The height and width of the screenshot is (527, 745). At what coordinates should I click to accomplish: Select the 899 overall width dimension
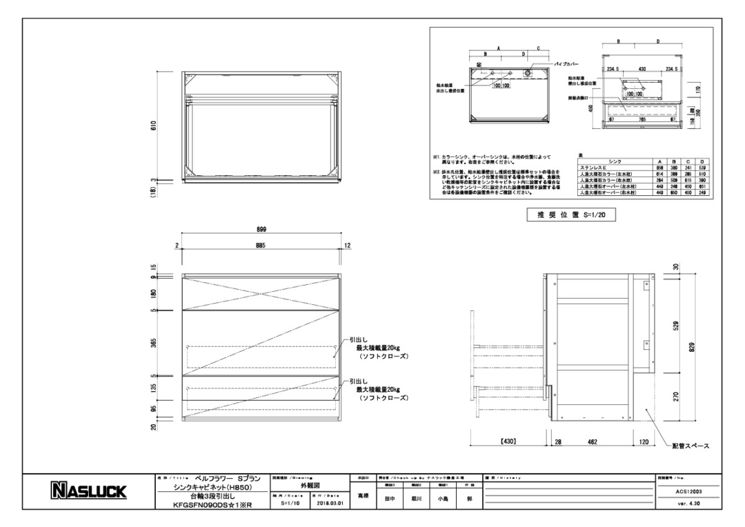click(262, 230)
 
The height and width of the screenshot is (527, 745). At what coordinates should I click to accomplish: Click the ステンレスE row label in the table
click(597, 168)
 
